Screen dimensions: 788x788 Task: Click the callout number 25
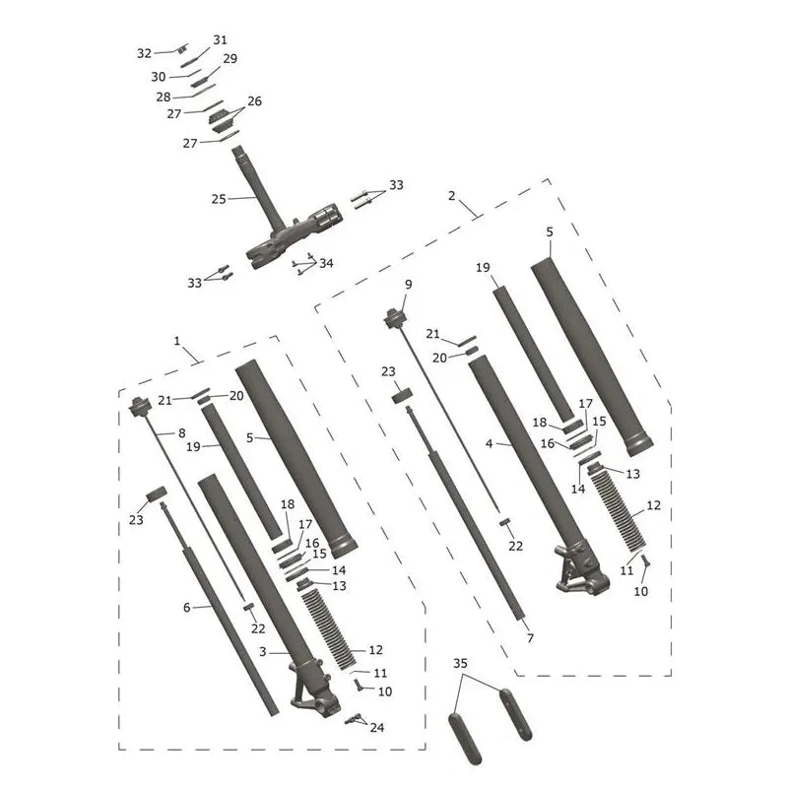pos(219,199)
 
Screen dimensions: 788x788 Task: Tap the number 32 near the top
pos(144,53)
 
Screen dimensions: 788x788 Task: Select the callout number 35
pos(460,663)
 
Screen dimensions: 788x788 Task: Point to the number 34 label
pos(326,263)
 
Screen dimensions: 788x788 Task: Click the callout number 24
pos(377,727)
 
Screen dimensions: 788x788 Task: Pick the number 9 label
pos(409,285)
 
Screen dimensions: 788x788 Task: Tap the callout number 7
pos(530,637)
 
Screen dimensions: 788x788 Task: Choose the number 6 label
pos(186,608)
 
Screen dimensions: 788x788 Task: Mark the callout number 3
pos(263,652)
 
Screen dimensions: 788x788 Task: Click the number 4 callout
pos(489,444)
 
